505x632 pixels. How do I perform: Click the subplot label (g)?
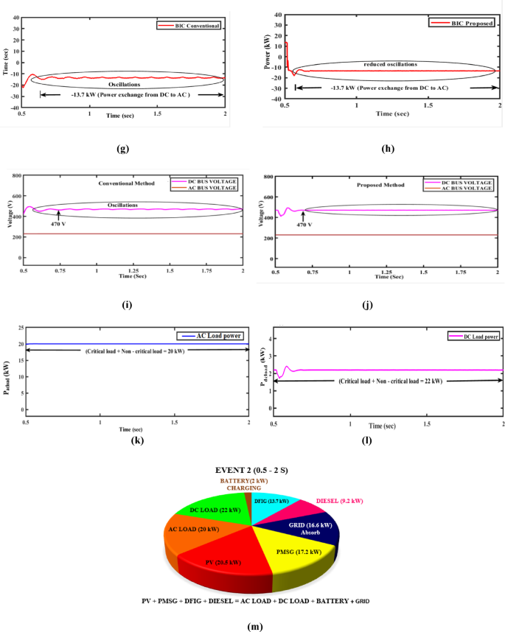[x=123, y=148]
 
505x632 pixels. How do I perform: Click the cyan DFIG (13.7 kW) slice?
[x=272, y=502]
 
